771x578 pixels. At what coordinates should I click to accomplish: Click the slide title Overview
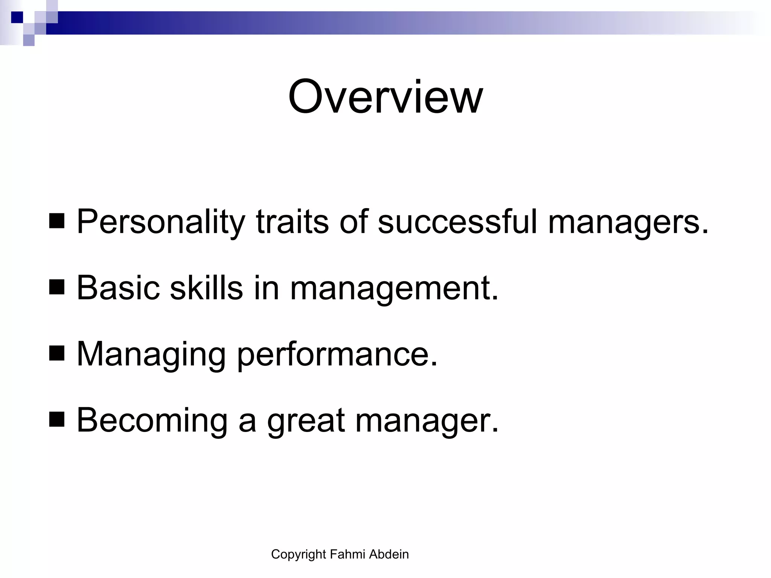pyautogui.click(x=385, y=97)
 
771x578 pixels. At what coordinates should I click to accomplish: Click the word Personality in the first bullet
pyautogui.click(x=161, y=222)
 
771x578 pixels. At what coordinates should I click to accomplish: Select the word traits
pyautogui.click(x=292, y=222)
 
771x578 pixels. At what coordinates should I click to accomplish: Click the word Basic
pyautogui.click(x=118, y=288)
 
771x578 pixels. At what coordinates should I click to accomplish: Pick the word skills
pyautogui.click(x=206, y=288)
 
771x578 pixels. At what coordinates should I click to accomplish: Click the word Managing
pyautogui.click(x=151, y=354)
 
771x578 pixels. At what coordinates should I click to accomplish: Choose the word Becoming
pyautogui.click(x=152, y=421)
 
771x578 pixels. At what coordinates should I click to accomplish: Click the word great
pyautogui.click(x=306, y=421)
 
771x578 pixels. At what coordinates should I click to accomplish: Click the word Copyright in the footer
pyautogui.click(x=298, y=554)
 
